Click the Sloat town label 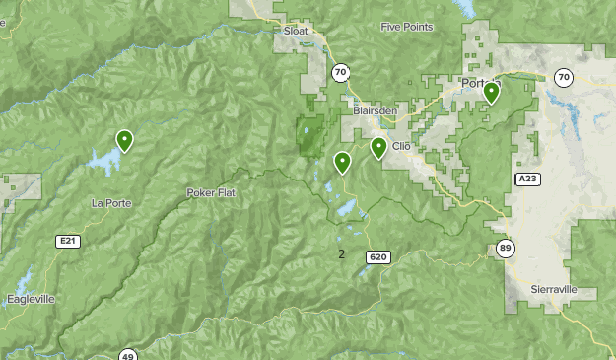(x=296, y=32)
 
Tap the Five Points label (x=406, y=27)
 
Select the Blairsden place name (x=375, y=111)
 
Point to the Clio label (x=401, y=146)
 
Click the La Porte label (x=110, y=203)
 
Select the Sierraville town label (x=558, y=290)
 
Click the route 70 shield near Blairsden (x=340, y=72)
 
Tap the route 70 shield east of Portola (x=563, y=78)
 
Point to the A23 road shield (x=527, y=179)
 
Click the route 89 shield (x=505, y=249)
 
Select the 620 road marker (x=378, y=257)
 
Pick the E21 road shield (x=67, y=241)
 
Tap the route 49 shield (x=127, y=355)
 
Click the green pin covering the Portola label (x=491, y=93)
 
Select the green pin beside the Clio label (x=378, y=148)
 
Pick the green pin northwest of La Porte (x=124, y=141)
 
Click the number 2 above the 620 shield (x=341, y=254)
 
